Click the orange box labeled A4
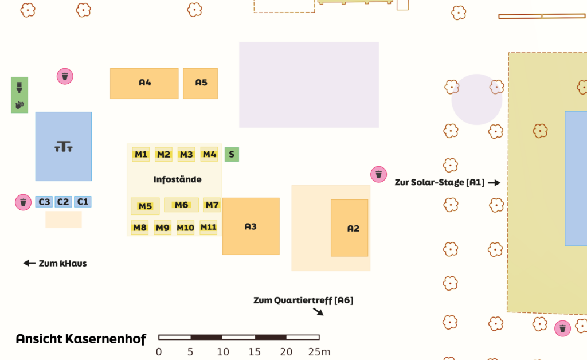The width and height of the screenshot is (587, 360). [144, 84]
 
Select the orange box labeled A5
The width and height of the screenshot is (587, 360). [200, 84]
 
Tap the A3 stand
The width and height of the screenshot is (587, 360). [251, 226]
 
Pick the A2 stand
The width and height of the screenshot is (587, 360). [349, 228]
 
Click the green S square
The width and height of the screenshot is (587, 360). [232, 155]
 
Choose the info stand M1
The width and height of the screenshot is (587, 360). [141, 155]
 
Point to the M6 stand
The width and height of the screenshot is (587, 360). [181, 205]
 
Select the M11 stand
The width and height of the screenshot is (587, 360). [209, 228]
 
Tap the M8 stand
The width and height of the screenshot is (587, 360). [140, 228]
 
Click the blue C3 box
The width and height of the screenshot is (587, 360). [44, 202]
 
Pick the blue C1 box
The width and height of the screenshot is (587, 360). [83, 202]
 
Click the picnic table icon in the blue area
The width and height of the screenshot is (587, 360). [63, 146]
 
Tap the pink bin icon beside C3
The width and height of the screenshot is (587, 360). [23, 202]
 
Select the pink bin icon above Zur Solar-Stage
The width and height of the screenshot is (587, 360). [378, 174]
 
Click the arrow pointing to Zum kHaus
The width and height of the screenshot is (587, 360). [29, 263]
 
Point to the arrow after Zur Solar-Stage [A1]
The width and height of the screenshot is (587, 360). [494, 183]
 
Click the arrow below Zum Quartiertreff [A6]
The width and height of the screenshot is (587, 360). [318, 311]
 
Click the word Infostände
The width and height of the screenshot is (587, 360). [178, 179]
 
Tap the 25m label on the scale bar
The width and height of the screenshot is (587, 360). [319, 352]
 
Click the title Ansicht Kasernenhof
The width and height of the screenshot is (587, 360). [81, 339]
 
